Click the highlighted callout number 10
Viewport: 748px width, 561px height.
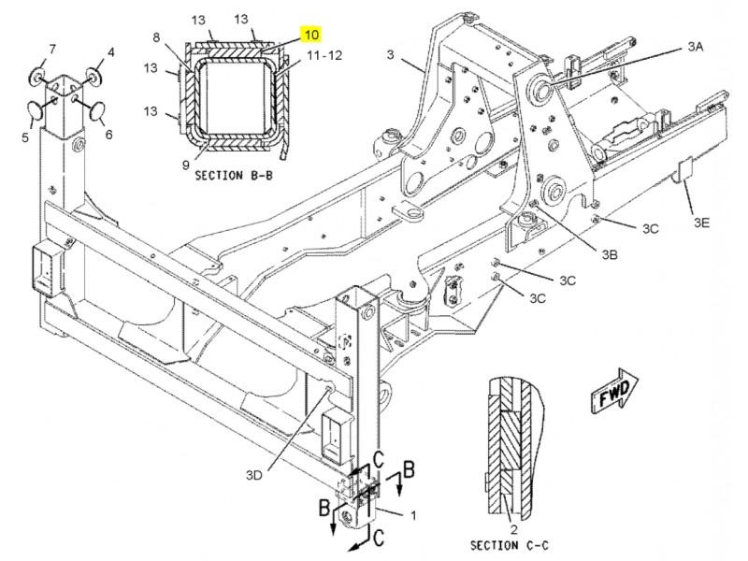(311, 35)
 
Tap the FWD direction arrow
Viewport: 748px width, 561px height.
(614, 391)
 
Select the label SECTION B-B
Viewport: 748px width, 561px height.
(234, 176)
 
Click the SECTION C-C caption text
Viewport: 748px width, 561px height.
(510, 545)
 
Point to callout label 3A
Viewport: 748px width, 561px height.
(696, 47)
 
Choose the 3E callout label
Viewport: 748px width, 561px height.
(701, 223)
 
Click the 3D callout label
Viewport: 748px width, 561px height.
(254, 475)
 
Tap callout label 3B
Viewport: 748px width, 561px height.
(610, 254)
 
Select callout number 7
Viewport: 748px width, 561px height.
(52, 50)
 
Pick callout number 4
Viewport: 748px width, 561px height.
(110, 51)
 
